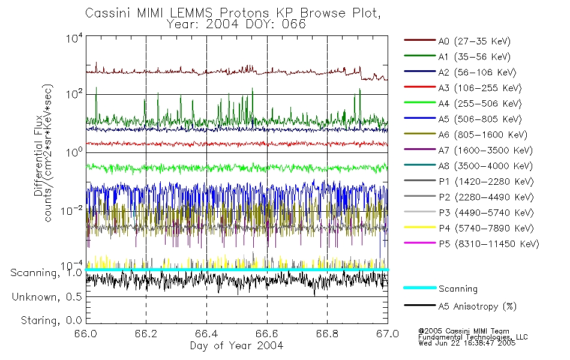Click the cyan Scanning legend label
click(458, 289)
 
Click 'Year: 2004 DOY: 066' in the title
click(236, 25)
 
